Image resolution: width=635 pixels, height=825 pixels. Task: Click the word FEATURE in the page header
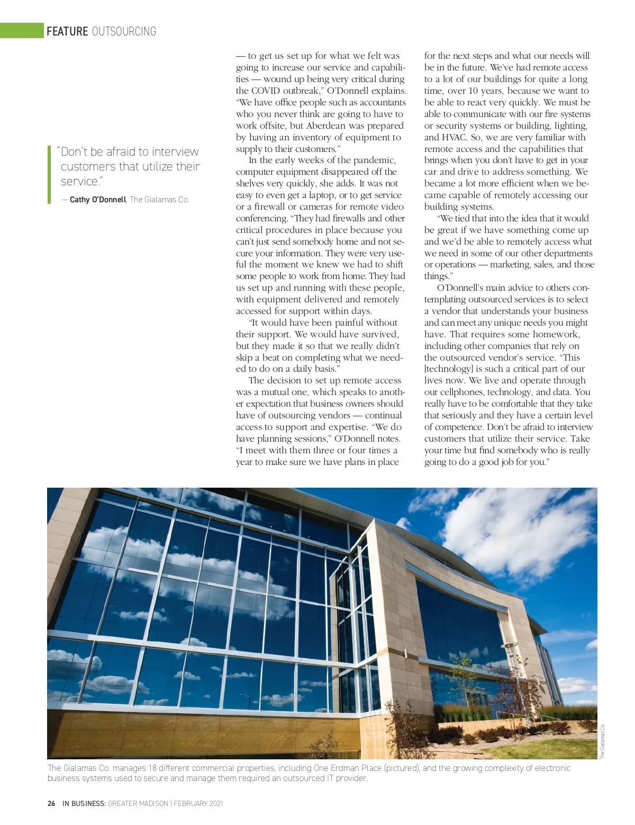(67, 31)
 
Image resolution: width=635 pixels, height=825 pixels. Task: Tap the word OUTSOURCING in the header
(124, 31)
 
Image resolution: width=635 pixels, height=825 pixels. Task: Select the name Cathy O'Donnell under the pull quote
(98, 200)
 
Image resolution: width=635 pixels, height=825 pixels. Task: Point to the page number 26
(51, 803)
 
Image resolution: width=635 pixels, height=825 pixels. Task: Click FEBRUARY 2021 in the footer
(198, 803)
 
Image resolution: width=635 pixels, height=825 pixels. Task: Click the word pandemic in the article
(374, 160)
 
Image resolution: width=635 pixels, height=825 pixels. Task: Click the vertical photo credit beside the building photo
(603, 741)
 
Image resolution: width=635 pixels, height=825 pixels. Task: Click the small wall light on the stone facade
(405, 653)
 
